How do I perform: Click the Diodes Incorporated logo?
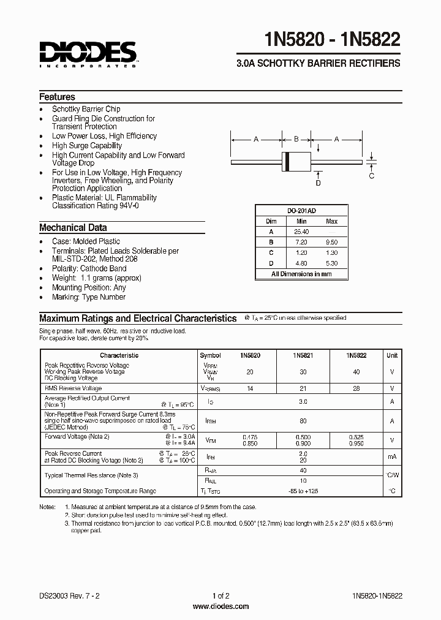click(x=89, y=53)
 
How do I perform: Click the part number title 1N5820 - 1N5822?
click(x=333, y=40)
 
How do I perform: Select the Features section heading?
click(x=57, y=97)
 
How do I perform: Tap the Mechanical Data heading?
click(x=73, y=228)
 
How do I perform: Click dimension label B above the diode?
click(x=295, y=140)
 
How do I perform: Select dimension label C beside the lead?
click(x=371, y=176)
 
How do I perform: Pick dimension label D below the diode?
click(x=318, y=183)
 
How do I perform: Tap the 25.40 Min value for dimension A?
click(x=301, y=232)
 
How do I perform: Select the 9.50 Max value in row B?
click(x=331, y=243)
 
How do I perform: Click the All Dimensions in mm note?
click(x=301, y=274)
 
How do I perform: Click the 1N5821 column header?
click(x=303, y=355)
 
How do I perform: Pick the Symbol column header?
click(x=210, y=355)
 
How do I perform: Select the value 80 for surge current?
click(x=303, y=421)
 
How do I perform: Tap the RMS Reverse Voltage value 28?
click(x=356, y=388)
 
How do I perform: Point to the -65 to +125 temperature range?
click(x=303, y=491)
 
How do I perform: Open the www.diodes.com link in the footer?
click(x=221, y=607)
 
